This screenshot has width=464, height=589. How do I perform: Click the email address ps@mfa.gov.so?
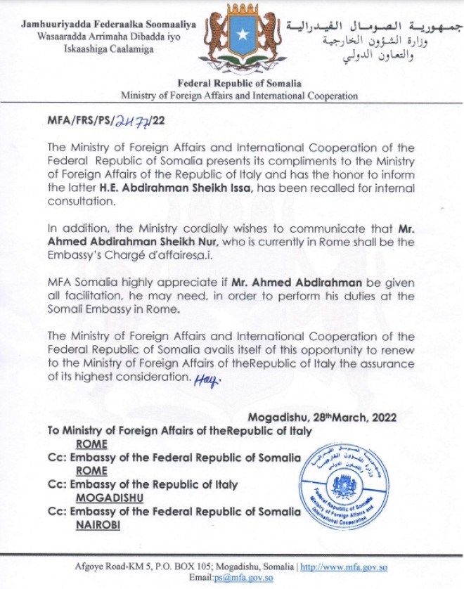231,578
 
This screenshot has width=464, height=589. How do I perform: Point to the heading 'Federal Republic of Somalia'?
240,84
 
